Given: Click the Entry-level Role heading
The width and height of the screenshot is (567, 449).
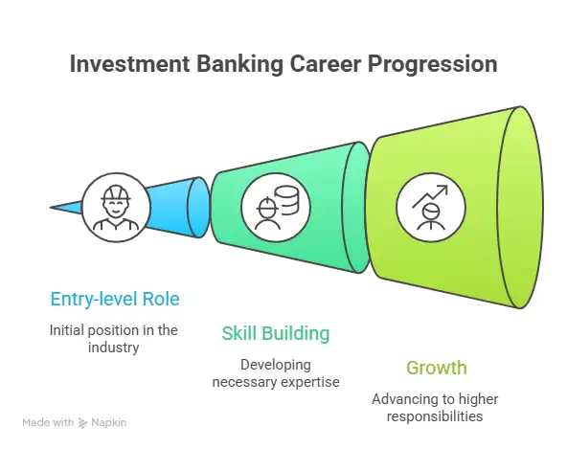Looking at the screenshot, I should (x=114, y=299).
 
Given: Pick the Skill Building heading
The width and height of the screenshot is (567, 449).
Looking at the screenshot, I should (x=276, y=334).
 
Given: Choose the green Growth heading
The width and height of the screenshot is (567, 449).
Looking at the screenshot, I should (x=438, y=368).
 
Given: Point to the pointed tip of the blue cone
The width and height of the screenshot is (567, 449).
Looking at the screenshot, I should (x=54, y=206).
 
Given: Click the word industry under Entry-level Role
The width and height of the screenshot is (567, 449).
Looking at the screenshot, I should (x=115, y=348).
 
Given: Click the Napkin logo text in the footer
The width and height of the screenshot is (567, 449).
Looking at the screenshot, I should (x=110, y=421).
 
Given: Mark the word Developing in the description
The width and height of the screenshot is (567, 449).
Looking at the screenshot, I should (x=275, y=364).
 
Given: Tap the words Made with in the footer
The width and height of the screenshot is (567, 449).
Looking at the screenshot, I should (x=47, y=421).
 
